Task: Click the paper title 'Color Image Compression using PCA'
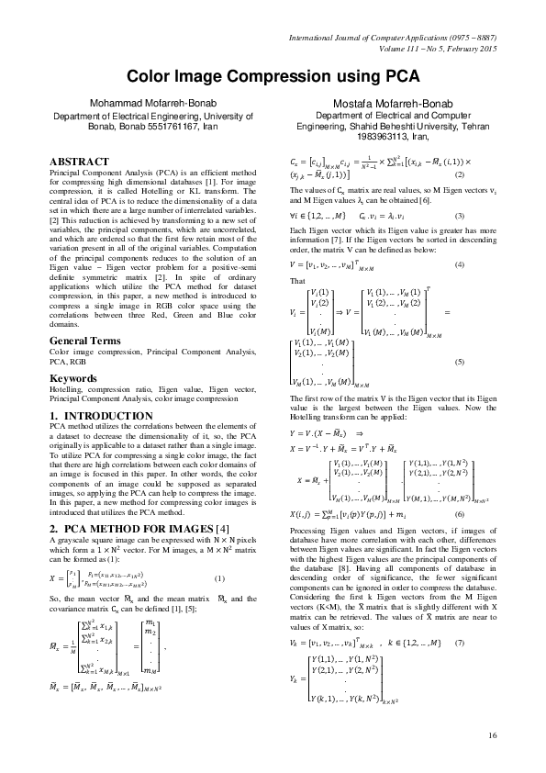[273, 80]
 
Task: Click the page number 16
[492, 734]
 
